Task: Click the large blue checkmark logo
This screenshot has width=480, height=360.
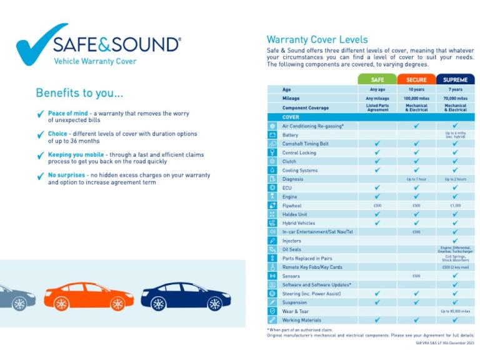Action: (39, 45)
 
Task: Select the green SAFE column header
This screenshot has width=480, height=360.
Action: (377, 80)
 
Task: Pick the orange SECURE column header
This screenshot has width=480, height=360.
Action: (416, 80)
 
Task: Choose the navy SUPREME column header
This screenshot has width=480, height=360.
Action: (455, 80)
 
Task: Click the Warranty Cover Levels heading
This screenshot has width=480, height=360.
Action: (317, 40)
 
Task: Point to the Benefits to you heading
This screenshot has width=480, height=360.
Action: (79, 93)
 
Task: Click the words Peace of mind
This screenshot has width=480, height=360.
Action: (67, 113)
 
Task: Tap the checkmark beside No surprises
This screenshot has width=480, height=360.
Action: (41, 176)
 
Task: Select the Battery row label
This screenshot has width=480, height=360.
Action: (291, 135)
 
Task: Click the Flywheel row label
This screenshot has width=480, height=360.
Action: (292, 205)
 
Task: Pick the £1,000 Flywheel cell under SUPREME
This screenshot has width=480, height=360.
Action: (455, 205)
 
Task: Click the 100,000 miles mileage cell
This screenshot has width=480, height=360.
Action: (416, 98)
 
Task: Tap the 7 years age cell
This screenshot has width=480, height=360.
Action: (455, 89)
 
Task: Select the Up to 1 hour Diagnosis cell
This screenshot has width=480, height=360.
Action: (416, 179)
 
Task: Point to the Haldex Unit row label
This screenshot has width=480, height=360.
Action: (294, 214)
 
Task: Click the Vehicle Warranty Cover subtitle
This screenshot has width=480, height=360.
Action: (95, 61)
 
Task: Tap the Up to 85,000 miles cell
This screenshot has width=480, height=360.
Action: (455, 311)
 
